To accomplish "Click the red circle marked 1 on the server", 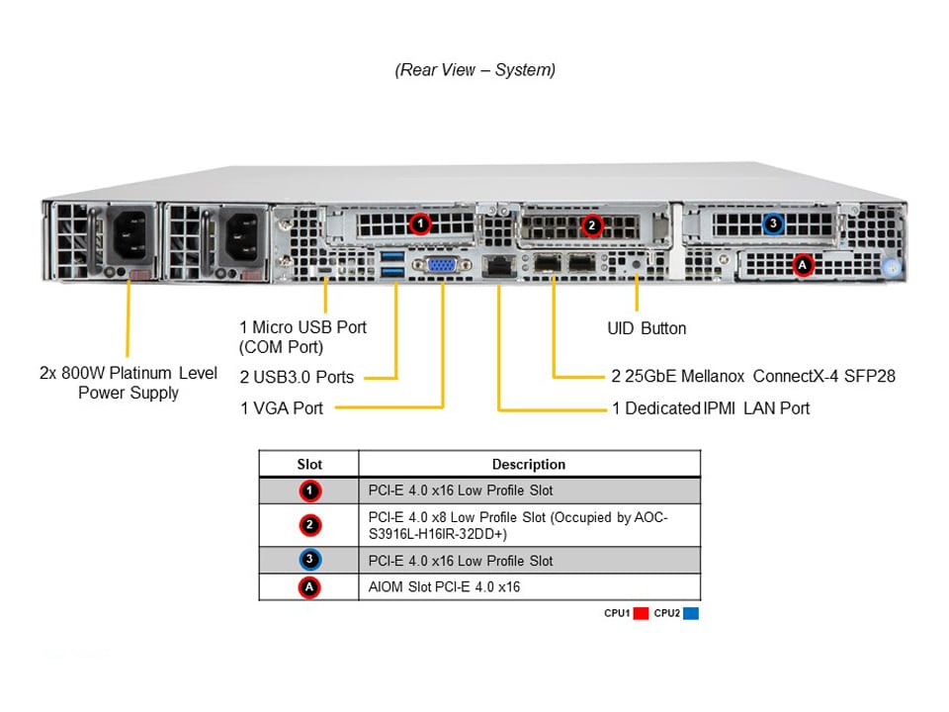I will click(x=420, y=224).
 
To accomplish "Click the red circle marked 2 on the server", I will click(x=591, y=225).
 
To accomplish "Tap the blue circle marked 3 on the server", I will click(x=773, y=224).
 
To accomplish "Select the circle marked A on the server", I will click(x=803, y=264).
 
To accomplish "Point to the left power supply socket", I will click(x=131, y=238).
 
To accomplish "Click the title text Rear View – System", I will click(x=474, y=70).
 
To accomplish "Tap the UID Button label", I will click(x=646, y=328).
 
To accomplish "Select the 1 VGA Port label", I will click(x=282, y=407).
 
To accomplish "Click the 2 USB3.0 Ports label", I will click(x=297, y=377).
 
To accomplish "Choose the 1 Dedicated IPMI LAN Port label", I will click(x=711, y=407).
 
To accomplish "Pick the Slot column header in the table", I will click(x=309, y=464).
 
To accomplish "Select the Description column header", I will click(x=529, y=464).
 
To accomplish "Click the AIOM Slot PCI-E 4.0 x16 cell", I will click(x=444, y=587).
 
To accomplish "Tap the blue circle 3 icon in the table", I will click(x=309, y=560).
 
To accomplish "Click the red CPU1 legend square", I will click(x=641, y=613).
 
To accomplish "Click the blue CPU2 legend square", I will click(x=691, y=613).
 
